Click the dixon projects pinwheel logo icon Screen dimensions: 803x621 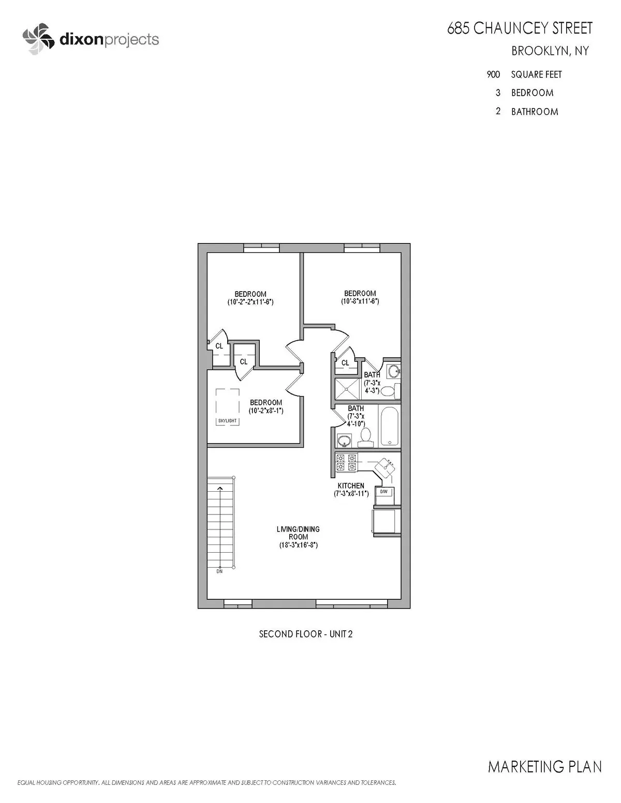38,39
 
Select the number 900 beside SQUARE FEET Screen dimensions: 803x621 493,74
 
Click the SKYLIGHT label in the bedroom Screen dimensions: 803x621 227,421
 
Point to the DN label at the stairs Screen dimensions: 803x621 219,571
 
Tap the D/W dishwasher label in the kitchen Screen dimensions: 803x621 383,492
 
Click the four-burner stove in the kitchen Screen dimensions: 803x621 346,462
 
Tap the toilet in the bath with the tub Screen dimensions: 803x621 366,437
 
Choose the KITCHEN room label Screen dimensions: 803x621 351,486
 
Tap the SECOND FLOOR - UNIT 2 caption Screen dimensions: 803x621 305,634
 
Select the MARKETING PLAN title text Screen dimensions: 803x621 544,766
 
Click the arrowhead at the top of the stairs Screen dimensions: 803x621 220,487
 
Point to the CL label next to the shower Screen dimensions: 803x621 345,363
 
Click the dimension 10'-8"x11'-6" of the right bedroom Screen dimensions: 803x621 360,301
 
